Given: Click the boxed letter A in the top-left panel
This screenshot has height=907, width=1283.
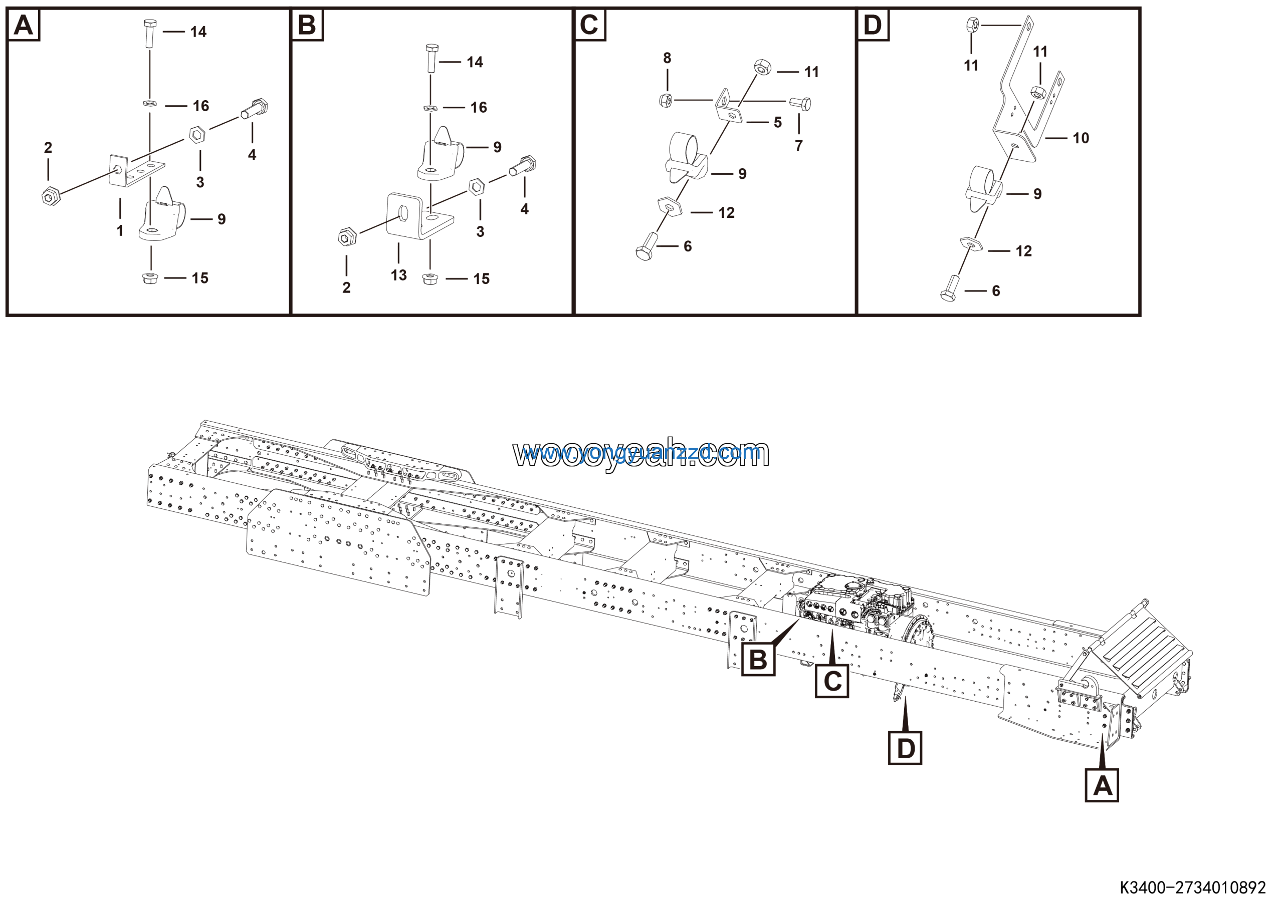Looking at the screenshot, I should pos(24,25).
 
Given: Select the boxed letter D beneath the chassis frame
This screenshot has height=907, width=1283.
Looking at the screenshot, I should pos(905,748).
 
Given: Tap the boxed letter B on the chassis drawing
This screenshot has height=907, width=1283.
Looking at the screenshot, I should pos(758,660).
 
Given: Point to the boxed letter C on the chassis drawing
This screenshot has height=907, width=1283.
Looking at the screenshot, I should pos(831,681).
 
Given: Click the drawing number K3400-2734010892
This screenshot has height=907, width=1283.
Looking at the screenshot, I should pos(1192,887).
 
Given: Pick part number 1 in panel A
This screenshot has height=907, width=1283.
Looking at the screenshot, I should pos(120,231).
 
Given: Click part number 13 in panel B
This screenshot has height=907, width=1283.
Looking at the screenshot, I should pos(398,275).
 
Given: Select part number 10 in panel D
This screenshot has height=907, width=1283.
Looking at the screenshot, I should pos(1081,138).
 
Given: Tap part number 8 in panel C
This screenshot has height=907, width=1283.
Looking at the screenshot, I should pos(667,58).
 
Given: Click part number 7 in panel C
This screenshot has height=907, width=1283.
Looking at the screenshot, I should pos(798,146).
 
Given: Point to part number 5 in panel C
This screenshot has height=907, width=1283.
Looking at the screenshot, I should pos(777,122).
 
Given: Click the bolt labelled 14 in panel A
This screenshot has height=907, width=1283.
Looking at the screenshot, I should pos(150,34).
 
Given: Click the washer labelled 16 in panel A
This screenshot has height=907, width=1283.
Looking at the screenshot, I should pos(150,103).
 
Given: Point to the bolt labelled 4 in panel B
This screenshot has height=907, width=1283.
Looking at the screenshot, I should pos(523,166).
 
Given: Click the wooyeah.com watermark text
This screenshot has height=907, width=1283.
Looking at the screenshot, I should pos(640,454).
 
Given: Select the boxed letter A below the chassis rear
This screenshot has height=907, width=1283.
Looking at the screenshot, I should pos(1102,786).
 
